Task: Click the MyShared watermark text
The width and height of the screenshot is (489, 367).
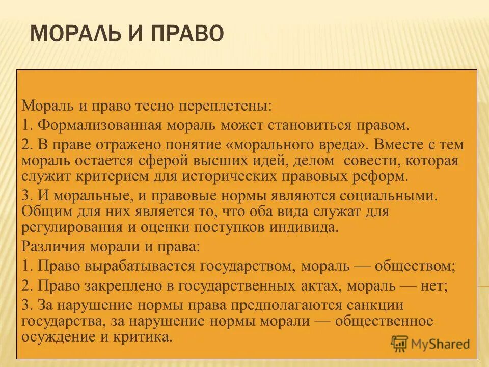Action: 442,344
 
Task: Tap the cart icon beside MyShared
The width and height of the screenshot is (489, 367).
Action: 400,343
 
